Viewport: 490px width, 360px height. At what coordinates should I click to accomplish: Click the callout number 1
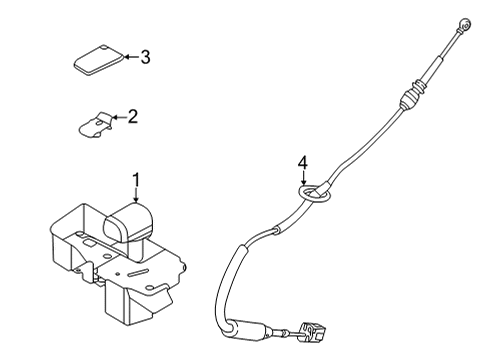click(x=137, y=180)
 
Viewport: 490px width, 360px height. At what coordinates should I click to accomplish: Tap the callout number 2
click(x=132, y=117)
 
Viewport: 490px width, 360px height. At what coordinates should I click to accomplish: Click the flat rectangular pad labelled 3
click(x=97, y=60)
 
